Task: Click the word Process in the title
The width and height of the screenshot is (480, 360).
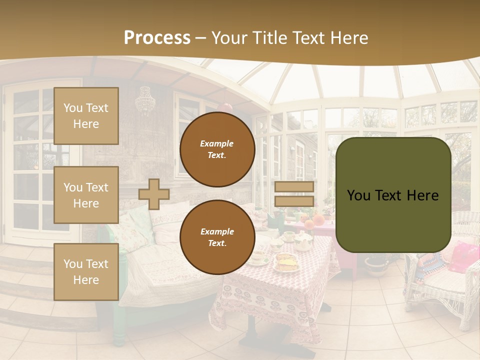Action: [x=157, y=38]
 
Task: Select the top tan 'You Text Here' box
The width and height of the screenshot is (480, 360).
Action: [x=86, y=116]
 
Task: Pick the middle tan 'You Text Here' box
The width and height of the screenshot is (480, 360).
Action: [x=86, y=195]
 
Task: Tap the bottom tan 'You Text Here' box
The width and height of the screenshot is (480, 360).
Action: [x=86, y=272]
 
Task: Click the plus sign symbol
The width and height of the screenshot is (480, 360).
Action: [x=154, y=194]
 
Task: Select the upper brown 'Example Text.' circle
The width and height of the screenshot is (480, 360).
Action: [x=217, y=149]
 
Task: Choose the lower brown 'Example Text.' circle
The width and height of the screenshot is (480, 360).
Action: [x=217, y=237]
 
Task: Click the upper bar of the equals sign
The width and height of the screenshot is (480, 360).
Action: [x=294, y=186]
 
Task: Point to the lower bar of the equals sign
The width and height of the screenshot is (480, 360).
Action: [x=294, y=201]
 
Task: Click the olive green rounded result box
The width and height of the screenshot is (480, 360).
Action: [x=393, y=195]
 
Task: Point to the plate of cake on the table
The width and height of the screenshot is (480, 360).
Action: [x=285, y=262]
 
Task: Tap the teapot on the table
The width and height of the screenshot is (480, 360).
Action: [x=303, y=242]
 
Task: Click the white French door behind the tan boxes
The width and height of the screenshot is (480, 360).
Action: [x=30, y=160]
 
